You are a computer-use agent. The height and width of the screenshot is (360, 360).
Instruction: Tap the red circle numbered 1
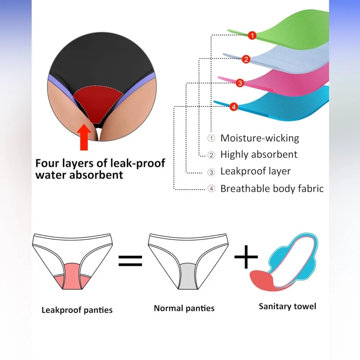click(252, 35)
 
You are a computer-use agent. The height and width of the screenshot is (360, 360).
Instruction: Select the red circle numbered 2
click(246, 59)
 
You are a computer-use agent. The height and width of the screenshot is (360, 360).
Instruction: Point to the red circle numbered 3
click(240, 83)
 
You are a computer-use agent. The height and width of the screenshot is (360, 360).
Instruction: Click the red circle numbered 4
click(233, 107)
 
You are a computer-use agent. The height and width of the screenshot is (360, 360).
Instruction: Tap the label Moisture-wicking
click(260, 138)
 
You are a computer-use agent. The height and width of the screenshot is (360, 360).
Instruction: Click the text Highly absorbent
click(259, 155)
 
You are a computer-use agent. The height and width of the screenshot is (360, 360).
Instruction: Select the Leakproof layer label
click(255, 171)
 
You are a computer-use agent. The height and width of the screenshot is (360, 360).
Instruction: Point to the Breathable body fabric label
click(272, 188)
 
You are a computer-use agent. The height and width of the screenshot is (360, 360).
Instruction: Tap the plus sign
click(246, 257)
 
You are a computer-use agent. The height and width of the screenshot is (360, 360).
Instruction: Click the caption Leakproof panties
click(77, 310)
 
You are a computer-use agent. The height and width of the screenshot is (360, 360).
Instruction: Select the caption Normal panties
click(184, 308)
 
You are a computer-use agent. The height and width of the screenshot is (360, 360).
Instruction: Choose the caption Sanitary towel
click(287, 306)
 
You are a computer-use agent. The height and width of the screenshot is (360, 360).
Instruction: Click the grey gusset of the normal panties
click(188, 276)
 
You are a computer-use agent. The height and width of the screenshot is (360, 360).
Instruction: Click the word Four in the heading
click(47, 163)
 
